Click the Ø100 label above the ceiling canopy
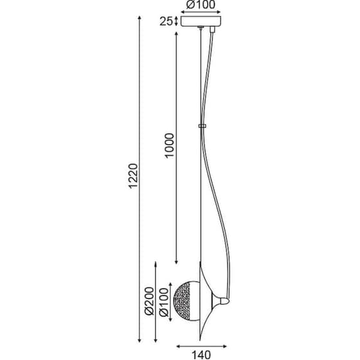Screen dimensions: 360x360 pos(201,4)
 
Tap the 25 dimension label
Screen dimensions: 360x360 pos(166,22)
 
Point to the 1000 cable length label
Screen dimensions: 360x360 pos(170,145)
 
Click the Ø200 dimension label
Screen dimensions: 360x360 pos(148,301)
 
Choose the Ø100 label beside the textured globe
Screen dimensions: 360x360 pos(164,303)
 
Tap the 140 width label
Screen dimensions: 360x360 pos(201,355)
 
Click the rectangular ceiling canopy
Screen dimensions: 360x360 pos(201,21)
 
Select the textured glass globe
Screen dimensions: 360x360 pos(187,301)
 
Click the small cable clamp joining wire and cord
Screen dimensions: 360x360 pos(202,126)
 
